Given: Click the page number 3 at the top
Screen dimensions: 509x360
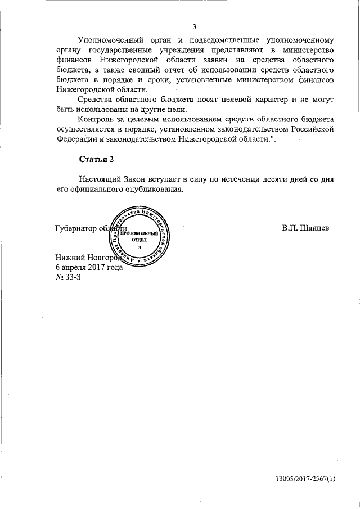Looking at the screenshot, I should pos(194,26).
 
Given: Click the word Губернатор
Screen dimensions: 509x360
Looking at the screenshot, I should pos(77,229).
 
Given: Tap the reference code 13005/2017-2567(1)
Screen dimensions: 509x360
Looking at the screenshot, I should pos(305,479).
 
